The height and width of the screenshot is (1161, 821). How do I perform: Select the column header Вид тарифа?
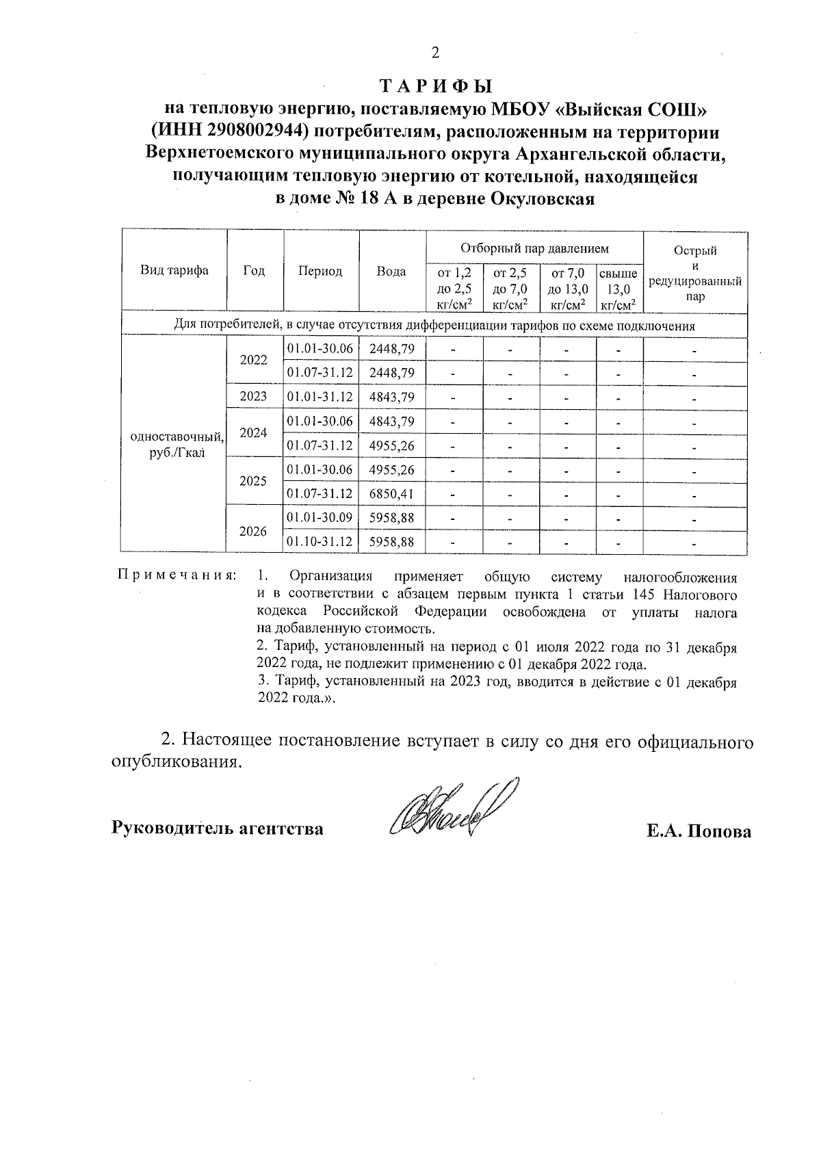click(174, 271)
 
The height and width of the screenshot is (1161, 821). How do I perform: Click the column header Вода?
click(391, 272)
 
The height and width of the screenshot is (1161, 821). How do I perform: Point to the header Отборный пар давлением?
click(534, 248)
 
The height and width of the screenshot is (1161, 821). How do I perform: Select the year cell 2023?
click(254, 397)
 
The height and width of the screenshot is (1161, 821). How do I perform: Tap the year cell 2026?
click(254, 530)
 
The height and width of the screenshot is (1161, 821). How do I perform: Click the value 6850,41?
click(391, 493)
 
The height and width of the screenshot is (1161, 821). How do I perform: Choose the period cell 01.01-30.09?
click(320, 518)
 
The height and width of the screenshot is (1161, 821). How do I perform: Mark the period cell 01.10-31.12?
click(320, 542)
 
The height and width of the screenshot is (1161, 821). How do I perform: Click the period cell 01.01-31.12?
click(320, 397)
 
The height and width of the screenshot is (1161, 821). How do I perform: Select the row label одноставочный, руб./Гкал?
click(174, 445)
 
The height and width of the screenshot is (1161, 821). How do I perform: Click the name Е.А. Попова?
click(699, 831)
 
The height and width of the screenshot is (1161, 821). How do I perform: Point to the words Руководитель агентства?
click(218, 829)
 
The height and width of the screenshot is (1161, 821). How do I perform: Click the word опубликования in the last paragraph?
click(177, 764)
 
